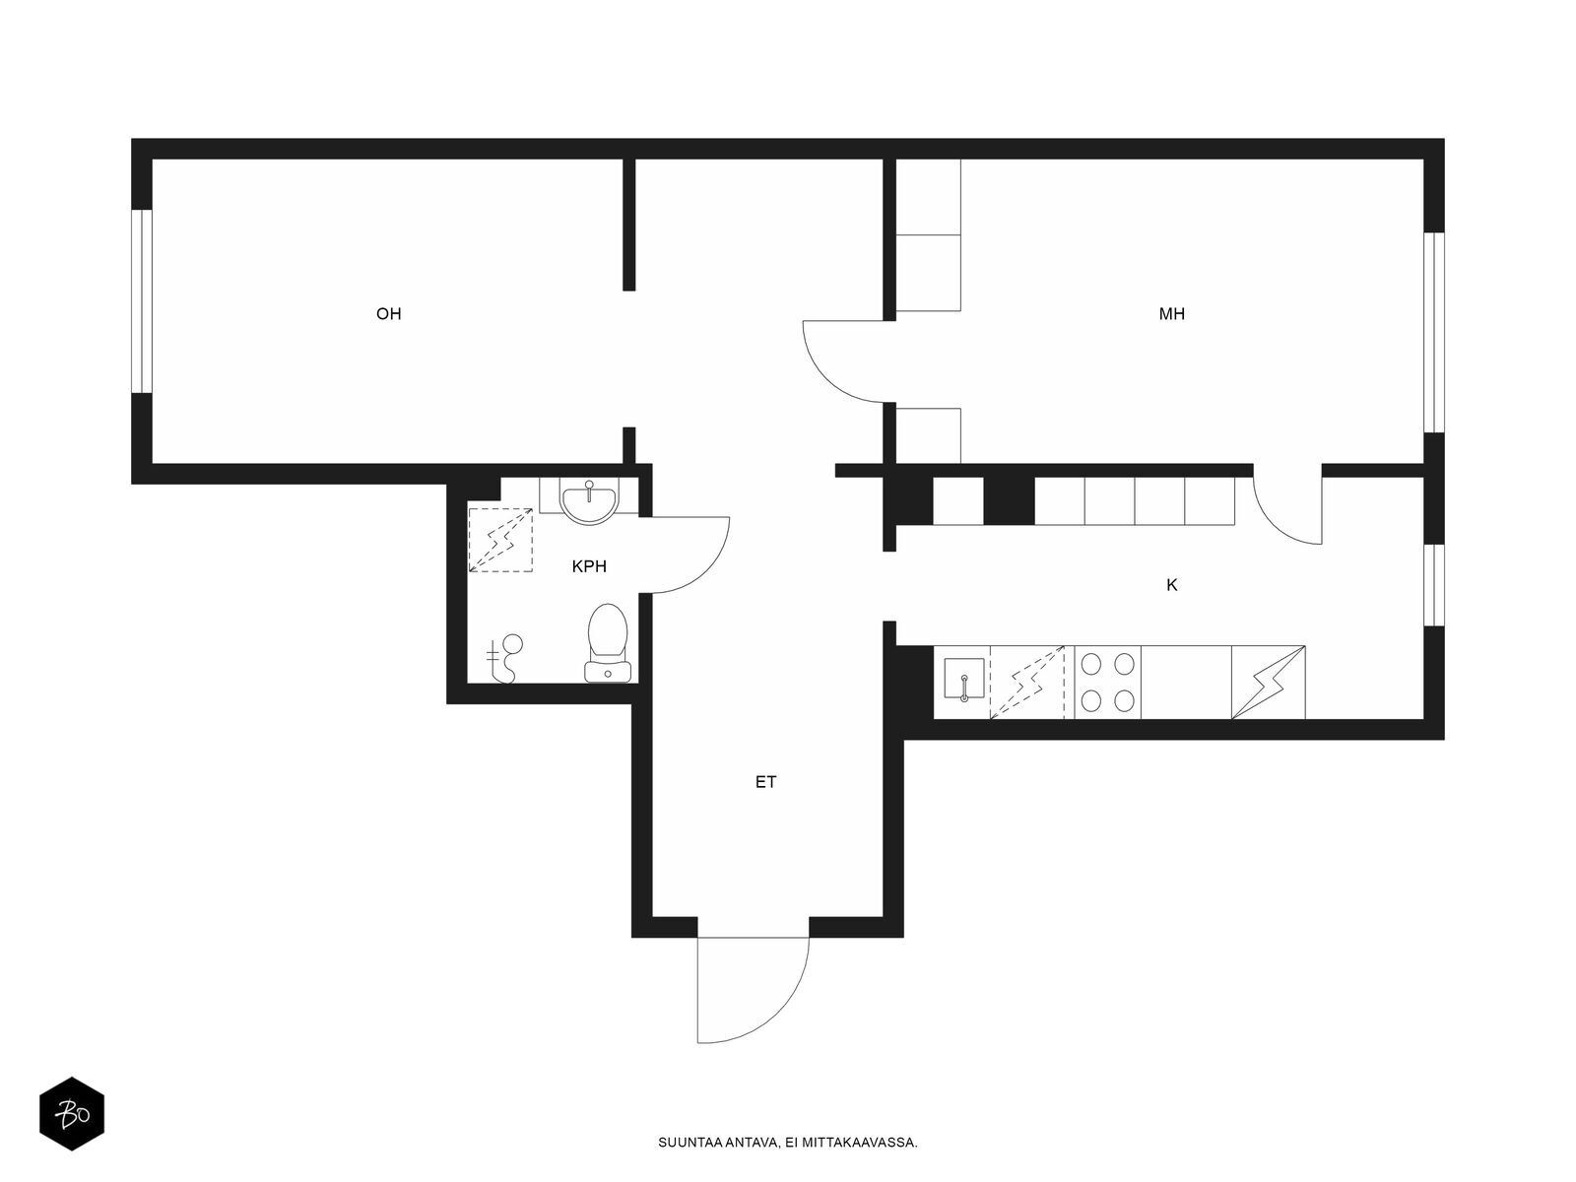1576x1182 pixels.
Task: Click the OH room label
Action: [x=388, y=313]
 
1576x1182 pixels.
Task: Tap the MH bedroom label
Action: [x=1172, y=313]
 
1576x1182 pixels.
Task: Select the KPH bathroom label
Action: [x=589, y=566]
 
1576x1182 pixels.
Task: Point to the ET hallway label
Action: [x=765, y=781]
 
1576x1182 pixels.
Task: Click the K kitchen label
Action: [x=1172, y=585]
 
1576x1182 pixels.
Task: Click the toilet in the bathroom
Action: [x=608, y=642]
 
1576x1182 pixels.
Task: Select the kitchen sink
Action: [x=964, y=679]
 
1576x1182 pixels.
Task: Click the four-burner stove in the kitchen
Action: [x=1108, y=682]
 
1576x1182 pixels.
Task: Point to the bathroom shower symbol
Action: [x=504, y=658]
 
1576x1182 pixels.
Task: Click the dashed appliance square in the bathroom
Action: [x=500, y=540]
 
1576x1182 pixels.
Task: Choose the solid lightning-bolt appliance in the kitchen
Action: [x=1268, y=682]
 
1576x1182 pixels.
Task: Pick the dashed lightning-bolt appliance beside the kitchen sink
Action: [x=1026, y=682]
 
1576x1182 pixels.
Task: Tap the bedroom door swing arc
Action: [x=825, y=378]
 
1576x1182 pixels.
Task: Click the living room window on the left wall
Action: [x=142, y=301]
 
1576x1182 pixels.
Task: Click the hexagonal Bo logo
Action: [x=72, y=1114]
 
